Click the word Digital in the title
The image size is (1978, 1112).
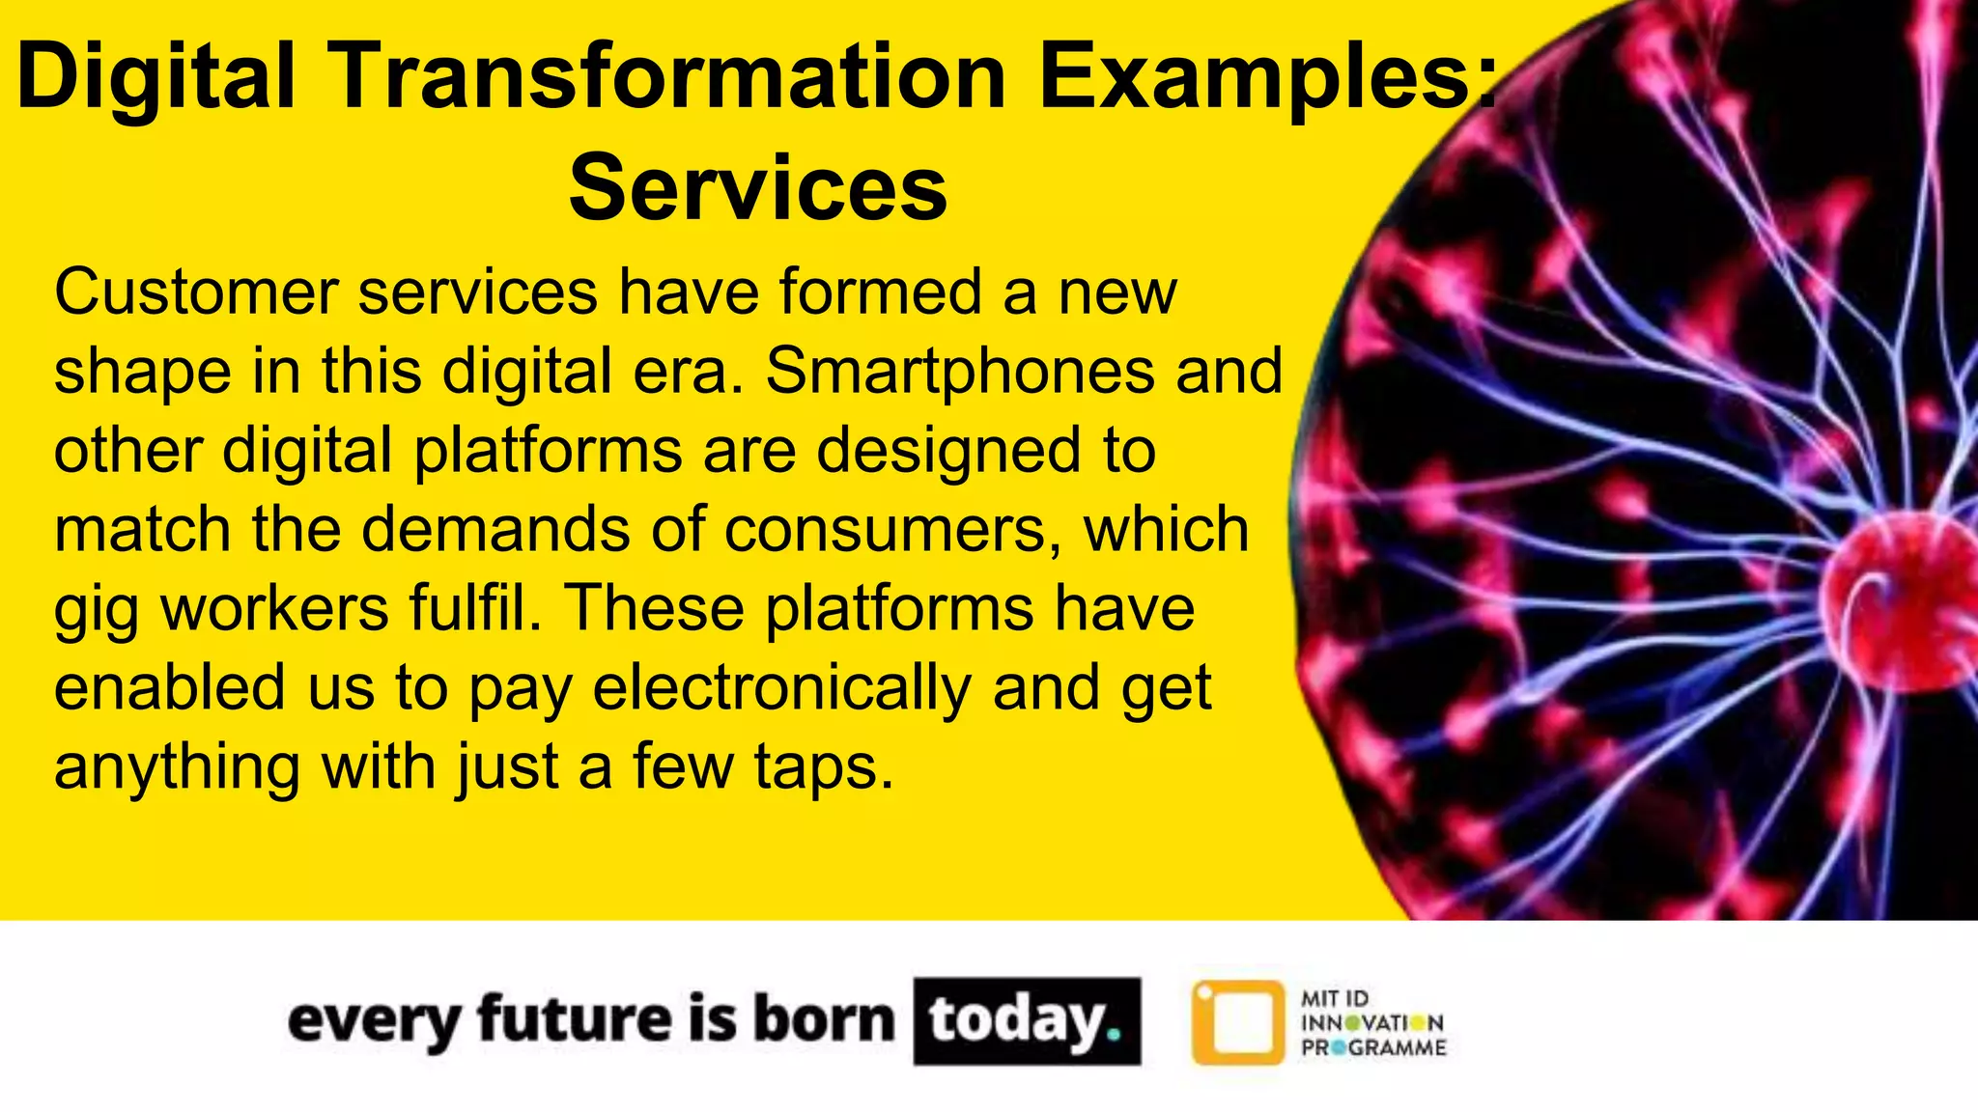[x=155, y=77]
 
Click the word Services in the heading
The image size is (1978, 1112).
[x=758, y=188]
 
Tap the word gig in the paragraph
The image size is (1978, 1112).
[x=96, y=611]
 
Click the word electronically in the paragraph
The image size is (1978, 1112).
[x=782, y=688]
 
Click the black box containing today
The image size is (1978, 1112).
[x=1027, y=1021]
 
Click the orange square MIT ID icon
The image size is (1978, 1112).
[x=1238, y=1022]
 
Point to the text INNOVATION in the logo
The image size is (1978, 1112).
[x=1372, y=1023]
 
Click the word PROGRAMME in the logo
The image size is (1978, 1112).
[x=1373, y=1047]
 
